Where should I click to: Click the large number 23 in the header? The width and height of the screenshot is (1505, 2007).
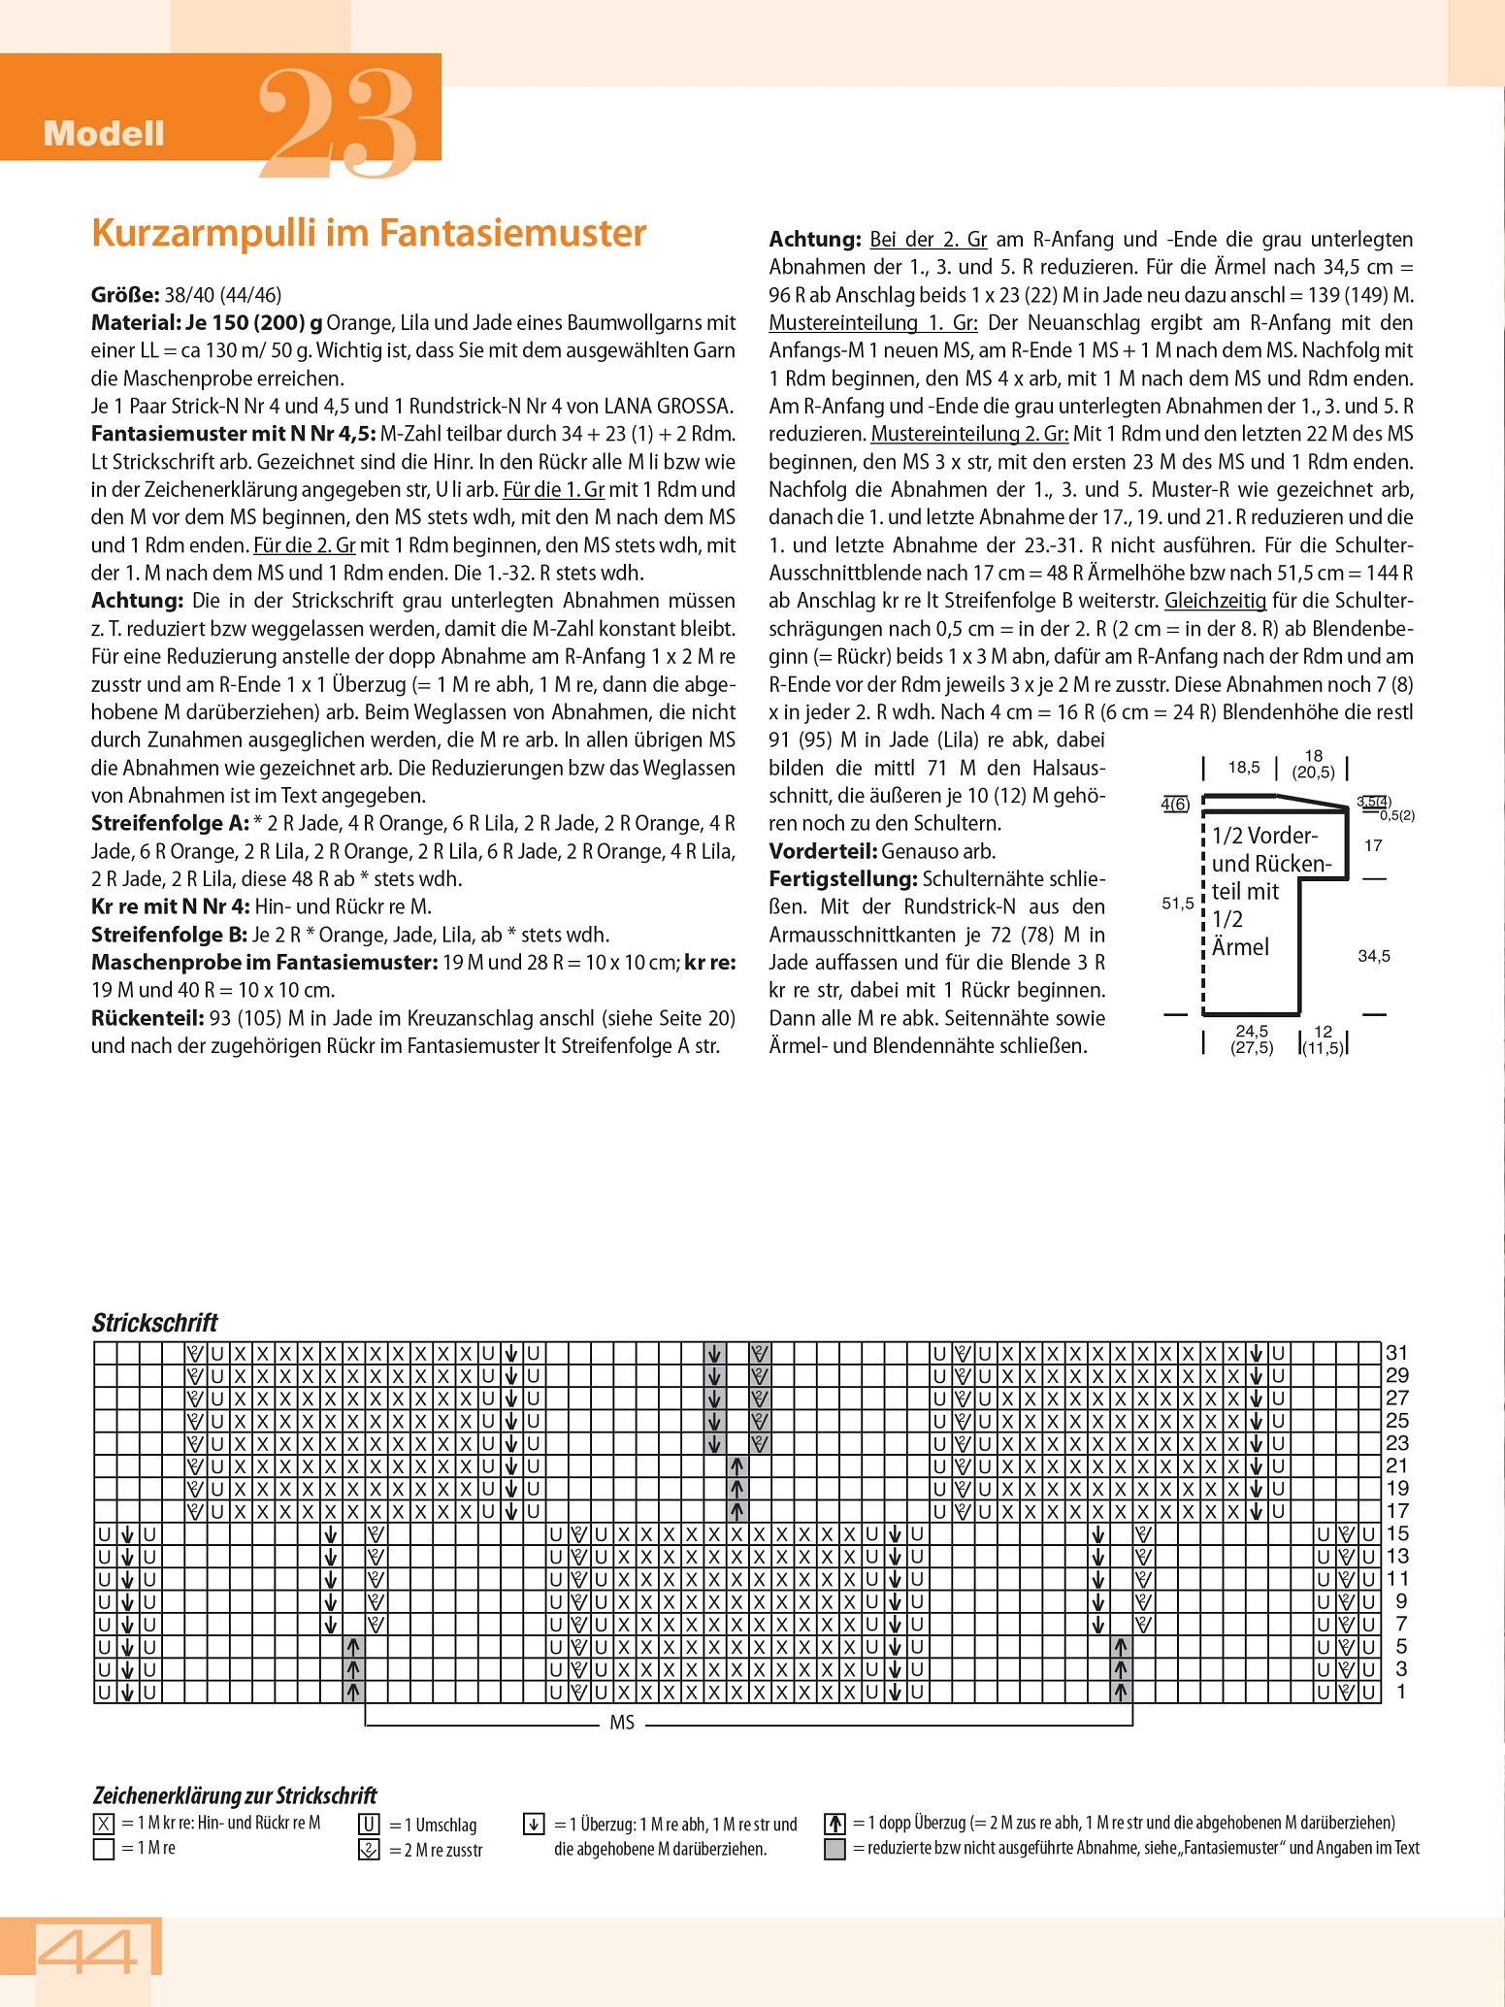[x=338, y=123]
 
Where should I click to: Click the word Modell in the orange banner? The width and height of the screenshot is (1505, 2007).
[x=104, y=134]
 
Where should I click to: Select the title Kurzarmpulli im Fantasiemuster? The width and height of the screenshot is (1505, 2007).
[x=369, y=234]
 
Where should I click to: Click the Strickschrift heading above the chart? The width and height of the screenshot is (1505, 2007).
[x=155, y=1323]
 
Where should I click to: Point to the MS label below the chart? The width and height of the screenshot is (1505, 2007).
[x=622, y=1723]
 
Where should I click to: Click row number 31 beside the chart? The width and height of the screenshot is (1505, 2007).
[x=1396, y=1352]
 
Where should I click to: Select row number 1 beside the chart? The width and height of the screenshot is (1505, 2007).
[x=1397, y=1692]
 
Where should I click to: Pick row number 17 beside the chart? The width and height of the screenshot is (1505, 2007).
[x=1396, y=1511]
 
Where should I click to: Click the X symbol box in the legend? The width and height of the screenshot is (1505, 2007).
[x=104, y=1823]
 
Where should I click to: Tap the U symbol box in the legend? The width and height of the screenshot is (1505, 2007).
[x=369, y=1824]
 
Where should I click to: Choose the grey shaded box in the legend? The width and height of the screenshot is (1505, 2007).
[x=834, y=1849]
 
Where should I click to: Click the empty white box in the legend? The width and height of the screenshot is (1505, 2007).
[x=104, y=1848]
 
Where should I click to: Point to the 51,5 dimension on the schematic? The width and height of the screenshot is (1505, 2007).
[x=1178, y=904]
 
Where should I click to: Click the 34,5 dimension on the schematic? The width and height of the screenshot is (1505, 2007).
[x=1374, y=956]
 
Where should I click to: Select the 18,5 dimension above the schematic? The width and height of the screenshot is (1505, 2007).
[x=1244, y=768]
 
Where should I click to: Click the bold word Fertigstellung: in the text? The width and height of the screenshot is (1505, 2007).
[x=843, y=879]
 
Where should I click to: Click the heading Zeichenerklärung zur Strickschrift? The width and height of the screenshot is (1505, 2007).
[x=234, y=1795]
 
